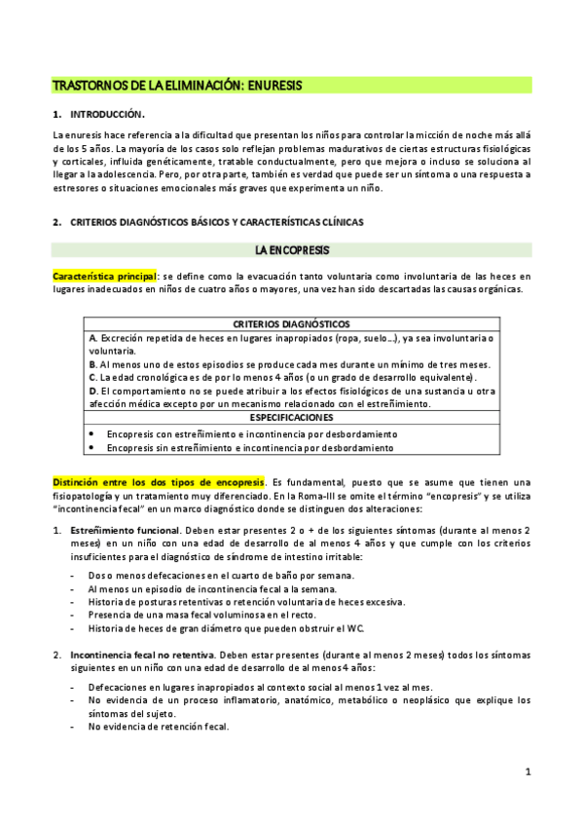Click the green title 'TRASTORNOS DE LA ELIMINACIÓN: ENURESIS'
177,86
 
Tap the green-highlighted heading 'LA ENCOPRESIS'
292,250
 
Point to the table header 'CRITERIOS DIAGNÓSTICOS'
292,323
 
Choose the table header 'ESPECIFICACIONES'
292,417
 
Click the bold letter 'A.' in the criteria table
91,337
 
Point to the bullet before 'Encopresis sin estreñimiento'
91,448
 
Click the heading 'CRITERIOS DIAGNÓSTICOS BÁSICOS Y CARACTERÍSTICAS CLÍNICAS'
217,222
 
